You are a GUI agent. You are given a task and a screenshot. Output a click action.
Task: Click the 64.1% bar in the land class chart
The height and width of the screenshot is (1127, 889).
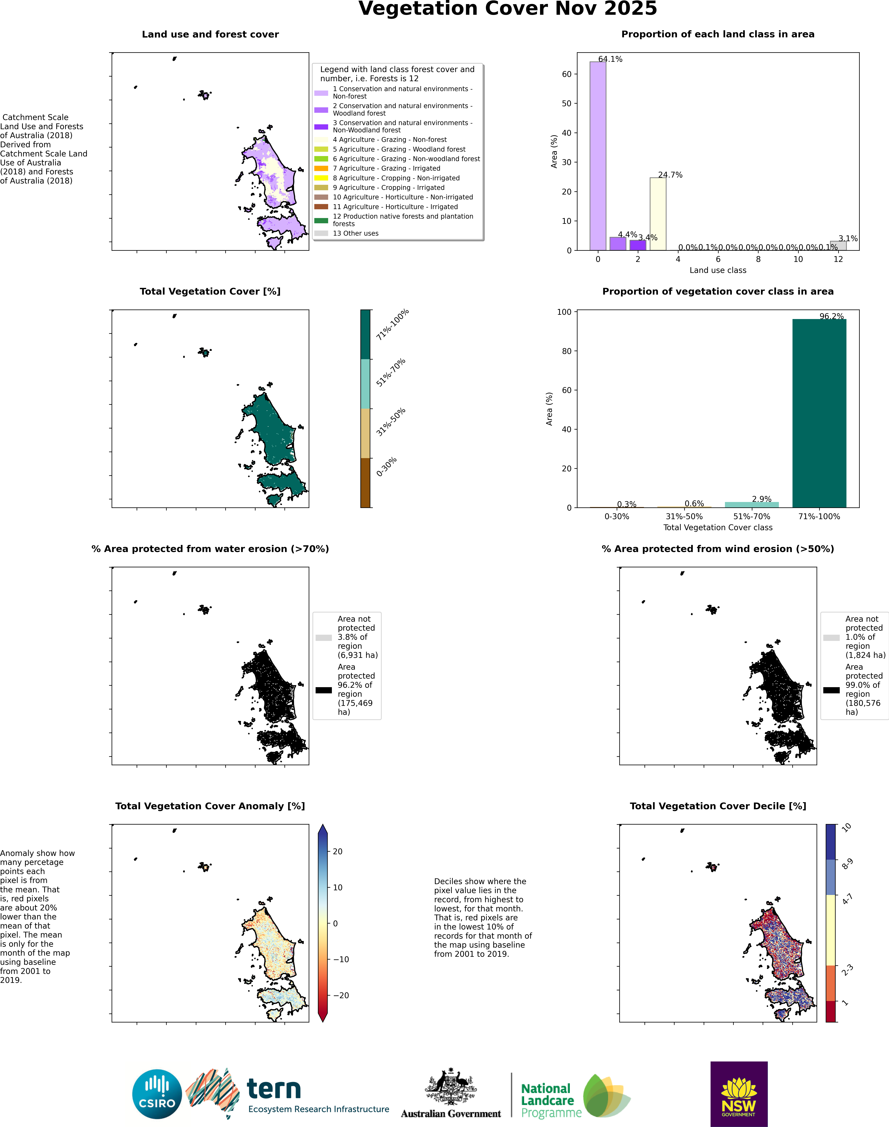point(597,156)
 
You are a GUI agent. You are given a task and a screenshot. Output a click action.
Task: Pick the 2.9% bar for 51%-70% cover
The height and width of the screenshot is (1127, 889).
point(752,504)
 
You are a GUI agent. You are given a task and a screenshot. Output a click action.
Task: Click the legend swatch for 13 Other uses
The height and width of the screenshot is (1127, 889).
point(321,233)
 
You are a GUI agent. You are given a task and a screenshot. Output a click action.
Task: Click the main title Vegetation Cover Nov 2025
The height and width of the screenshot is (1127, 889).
point(507,9)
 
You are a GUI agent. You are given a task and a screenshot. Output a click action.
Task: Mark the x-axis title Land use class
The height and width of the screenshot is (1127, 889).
point(718,270)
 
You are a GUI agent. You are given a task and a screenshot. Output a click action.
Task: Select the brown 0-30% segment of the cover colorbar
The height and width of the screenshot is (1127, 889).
point(365,483)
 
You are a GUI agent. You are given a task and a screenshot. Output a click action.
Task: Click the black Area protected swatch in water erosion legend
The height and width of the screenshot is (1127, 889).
point(324,690)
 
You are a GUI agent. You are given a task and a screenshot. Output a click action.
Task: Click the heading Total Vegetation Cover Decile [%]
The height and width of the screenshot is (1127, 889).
point(718,806)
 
